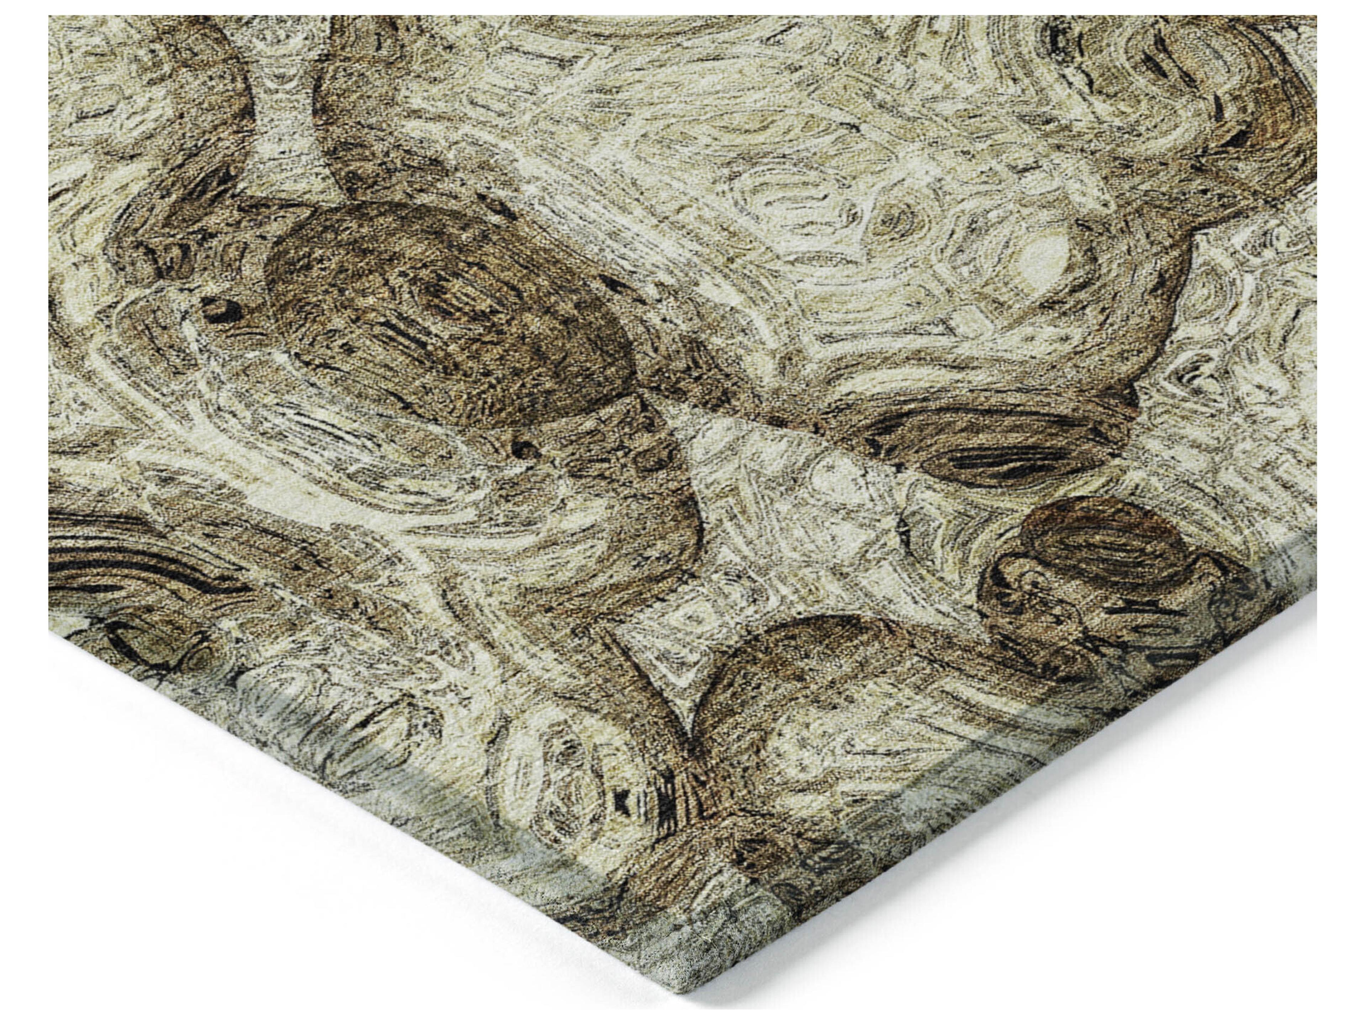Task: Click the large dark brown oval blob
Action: [445, 315]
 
